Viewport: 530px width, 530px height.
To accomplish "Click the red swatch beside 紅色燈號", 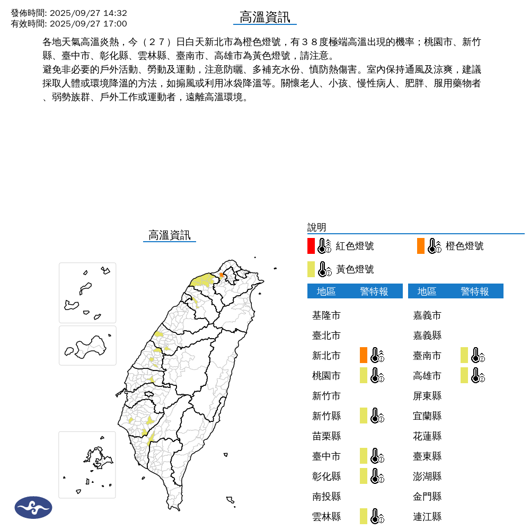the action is (311, 246).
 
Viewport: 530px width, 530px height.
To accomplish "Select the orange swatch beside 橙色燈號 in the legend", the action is (421, 246).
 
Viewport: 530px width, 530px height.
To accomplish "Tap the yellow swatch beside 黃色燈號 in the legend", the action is (311, 269).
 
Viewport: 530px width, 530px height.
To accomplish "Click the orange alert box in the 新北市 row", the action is (364, 355).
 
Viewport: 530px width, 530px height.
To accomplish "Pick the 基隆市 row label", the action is (326, 315).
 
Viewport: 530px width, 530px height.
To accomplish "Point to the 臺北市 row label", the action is (326, 335).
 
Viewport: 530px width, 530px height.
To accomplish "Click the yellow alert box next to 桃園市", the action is (364, 375).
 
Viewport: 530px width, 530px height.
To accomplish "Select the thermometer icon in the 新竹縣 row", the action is (377, 416).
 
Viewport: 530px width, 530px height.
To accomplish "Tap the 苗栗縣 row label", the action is (326, 436).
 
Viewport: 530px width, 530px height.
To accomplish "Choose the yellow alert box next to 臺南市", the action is (464, 355).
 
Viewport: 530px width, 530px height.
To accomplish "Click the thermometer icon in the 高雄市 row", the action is (478, 375).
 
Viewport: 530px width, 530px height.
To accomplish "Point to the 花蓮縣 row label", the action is (427, 436).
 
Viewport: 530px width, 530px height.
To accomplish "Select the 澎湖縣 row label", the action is (427, 476).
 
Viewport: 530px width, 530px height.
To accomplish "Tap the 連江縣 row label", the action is (427, 517).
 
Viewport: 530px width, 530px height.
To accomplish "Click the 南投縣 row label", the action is (326, 497).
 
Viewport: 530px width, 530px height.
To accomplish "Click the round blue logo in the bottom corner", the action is (33, 507).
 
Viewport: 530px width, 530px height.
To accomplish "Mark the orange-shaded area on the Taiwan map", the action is (222, 275).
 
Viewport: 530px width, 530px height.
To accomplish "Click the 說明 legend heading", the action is (317, 227).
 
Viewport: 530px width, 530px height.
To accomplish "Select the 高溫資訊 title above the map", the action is (170, 235).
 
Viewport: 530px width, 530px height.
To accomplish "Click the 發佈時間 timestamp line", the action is (69, 13).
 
